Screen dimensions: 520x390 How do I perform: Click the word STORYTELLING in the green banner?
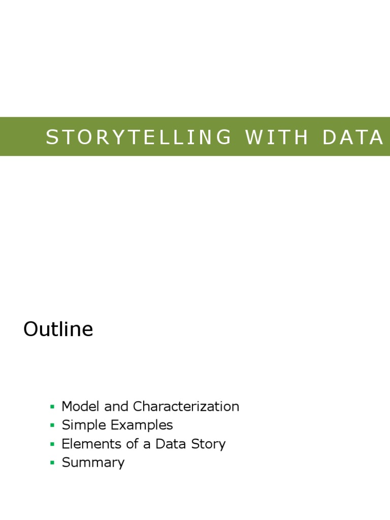(138, 137)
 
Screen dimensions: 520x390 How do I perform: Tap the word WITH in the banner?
(277, 137)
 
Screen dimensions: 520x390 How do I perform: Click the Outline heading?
(58, 330)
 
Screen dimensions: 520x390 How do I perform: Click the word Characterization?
(186, 406)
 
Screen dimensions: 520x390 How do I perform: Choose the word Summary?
(93, 463)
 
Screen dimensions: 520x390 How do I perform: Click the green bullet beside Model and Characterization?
(52, 407)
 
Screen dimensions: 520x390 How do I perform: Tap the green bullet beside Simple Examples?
(52, 426)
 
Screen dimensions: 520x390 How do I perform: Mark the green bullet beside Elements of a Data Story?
(52, 444)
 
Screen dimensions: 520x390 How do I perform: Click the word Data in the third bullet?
(171, 444)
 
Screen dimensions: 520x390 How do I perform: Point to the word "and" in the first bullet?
(116, 406)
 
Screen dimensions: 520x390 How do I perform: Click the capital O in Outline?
(31, 330)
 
